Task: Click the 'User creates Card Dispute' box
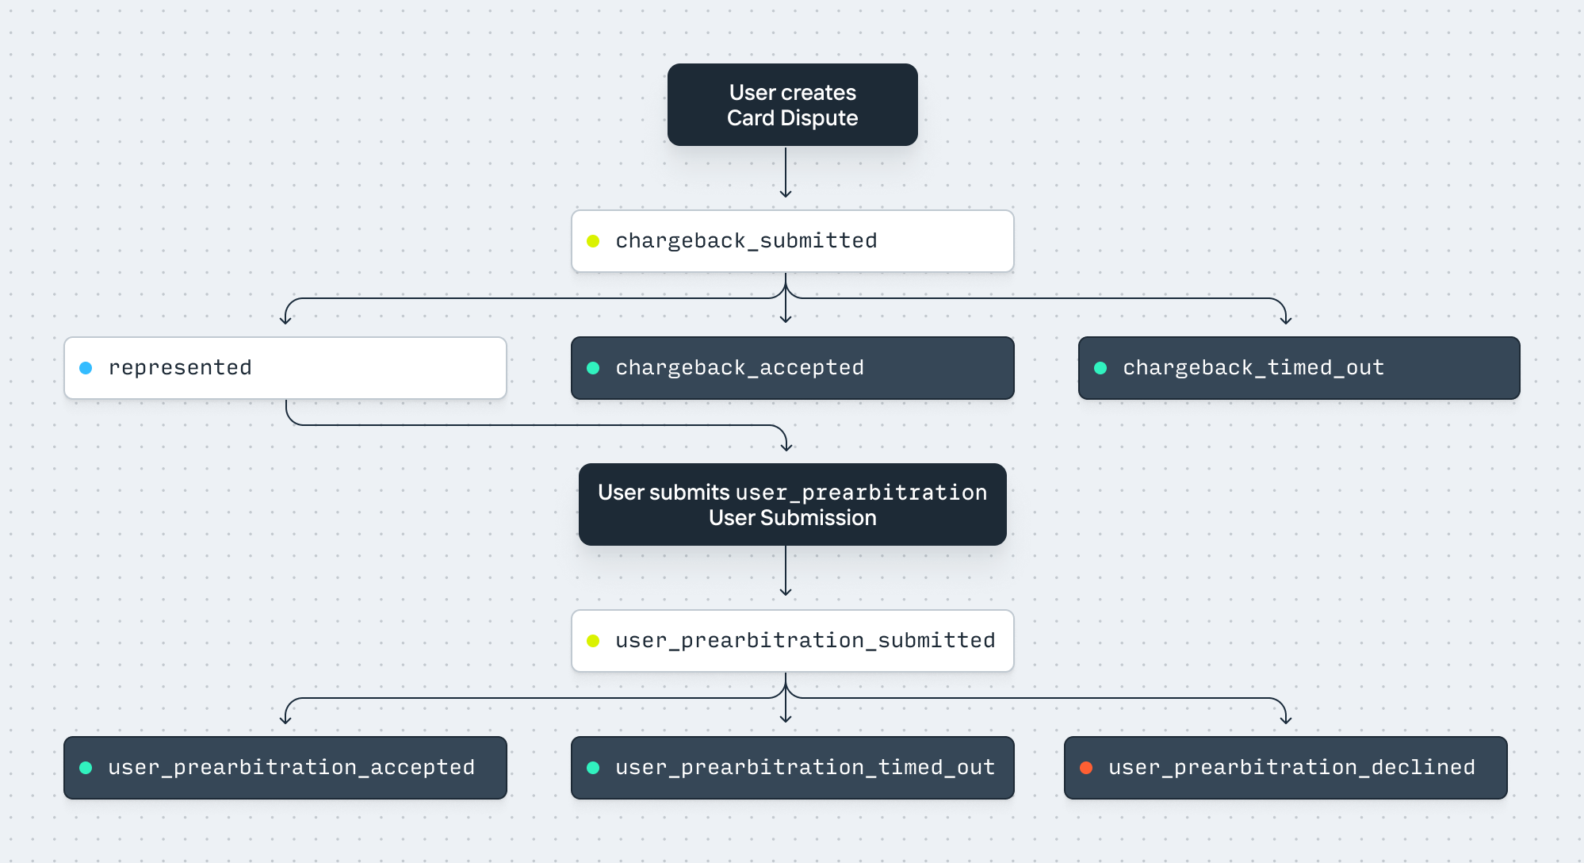[x=792, y=105]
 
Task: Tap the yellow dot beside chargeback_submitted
[x=593, y=241]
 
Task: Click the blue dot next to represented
[x=86, y=368]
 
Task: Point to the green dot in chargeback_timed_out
[x=1100, y=368]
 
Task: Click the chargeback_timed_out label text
[x=1253, y=368]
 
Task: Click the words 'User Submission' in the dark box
[x=792, y=518]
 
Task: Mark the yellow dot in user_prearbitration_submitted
[x=593, y=641]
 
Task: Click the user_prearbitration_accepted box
[x=285, y=768]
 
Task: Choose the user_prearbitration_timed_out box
[x=793, y=768]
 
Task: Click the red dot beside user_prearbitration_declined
[x=1086, y=768]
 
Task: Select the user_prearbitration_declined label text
[x=1291, y=768]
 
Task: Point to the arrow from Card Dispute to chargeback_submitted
[x=786, y=173]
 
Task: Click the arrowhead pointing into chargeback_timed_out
[x=1285, y=320]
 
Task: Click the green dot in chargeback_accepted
[x=593, y=368]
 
